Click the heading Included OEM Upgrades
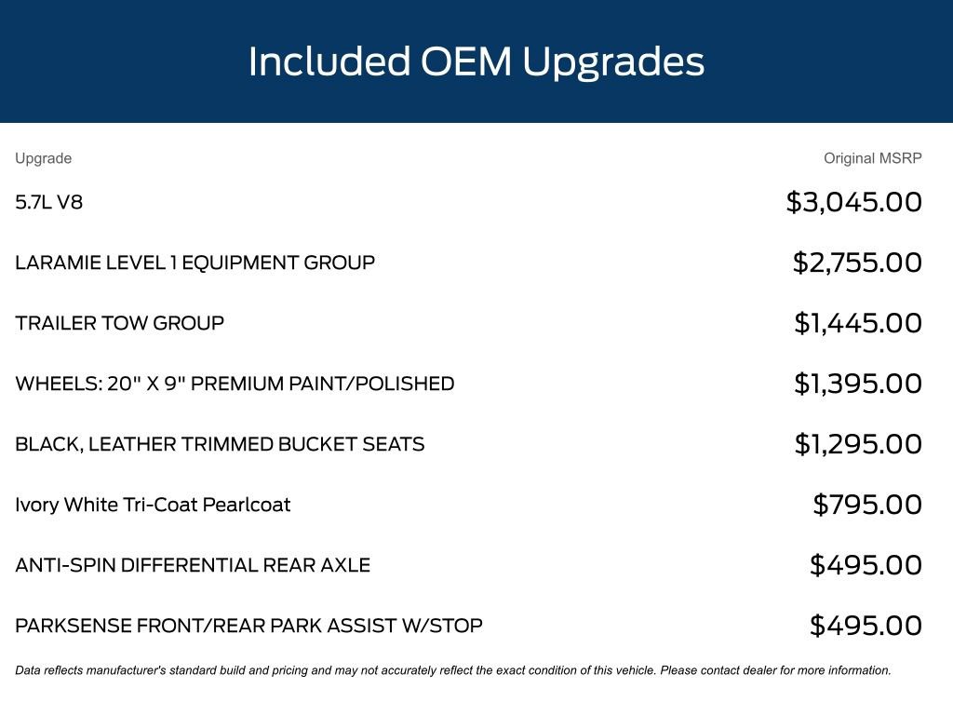tap(476, 62)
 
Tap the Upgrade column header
tap(43, 158)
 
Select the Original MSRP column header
tap(872, 158)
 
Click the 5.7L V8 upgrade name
tap(48, 202)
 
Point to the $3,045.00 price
tap(854, 202)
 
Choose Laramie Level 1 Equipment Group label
tap(195, 263)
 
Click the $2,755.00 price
tap(857, 263)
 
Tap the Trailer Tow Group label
tap(120, 323)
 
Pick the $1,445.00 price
tap(857, 323)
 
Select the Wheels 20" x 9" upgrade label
tap(235, 384)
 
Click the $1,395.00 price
tap(857, 384)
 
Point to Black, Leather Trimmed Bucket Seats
tap(220, 444)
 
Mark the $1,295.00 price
tap(857, 444)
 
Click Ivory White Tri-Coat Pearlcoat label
tap(153, 505)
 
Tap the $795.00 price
tap(867, 505)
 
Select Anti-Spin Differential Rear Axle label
tap(193, 565)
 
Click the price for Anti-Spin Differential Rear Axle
tap(866, 565)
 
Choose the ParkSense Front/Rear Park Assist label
tap(248, 626)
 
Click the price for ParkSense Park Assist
tap(866, 626)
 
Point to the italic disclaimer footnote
tap(453, 670)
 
